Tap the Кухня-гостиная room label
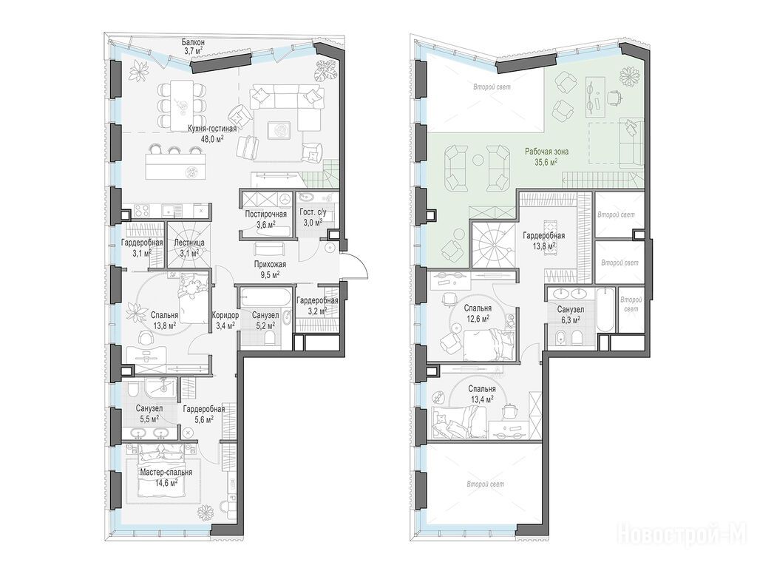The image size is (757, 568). [212, 129]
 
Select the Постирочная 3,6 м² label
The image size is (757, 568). [265, 218]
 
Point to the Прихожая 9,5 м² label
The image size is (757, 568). [271, 269]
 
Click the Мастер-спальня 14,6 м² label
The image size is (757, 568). [166, 477]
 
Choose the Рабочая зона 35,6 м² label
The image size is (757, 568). [546, 157]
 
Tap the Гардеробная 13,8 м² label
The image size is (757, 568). [544, 240]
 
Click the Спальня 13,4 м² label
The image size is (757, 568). [482, 393]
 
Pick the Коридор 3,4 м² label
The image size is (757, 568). [225, 319]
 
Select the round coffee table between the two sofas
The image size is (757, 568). [478, 160]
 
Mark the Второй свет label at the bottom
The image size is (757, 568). [488, 484]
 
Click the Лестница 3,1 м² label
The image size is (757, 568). [189, 247]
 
